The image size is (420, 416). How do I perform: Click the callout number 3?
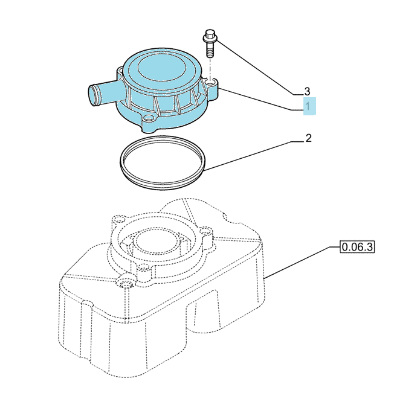pyautogui.click(x=307, y=92)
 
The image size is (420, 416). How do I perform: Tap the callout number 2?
pyautogui.click(x=309, y=138)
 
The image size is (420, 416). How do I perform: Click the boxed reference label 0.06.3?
pyautogui.click(x=357, y=246)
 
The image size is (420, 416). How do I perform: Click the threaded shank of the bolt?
pyautogui.click(x=210, y=50)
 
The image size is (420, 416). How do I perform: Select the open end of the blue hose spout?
pyautogui.click(x=92, y=95)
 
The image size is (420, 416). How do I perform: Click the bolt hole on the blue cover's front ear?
pyautogui.click(x=148, y=118)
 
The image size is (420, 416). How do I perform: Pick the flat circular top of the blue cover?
pyautogui.click(x=161, y=69)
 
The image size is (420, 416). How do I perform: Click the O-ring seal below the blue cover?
pyautogui.click(x=163, y=163)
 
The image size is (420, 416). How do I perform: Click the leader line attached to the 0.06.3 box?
pyautogui.click(x=302, y=263)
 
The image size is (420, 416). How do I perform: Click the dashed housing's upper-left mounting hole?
pyautogui.click(x=118, y=220)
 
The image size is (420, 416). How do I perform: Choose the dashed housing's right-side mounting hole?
pyautogui.click(x=205, y=230)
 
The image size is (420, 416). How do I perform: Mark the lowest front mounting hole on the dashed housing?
pyautogui.click(x=125, y=283)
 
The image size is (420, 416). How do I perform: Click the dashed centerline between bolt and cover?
pyautogui.click(x=210, y=68)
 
